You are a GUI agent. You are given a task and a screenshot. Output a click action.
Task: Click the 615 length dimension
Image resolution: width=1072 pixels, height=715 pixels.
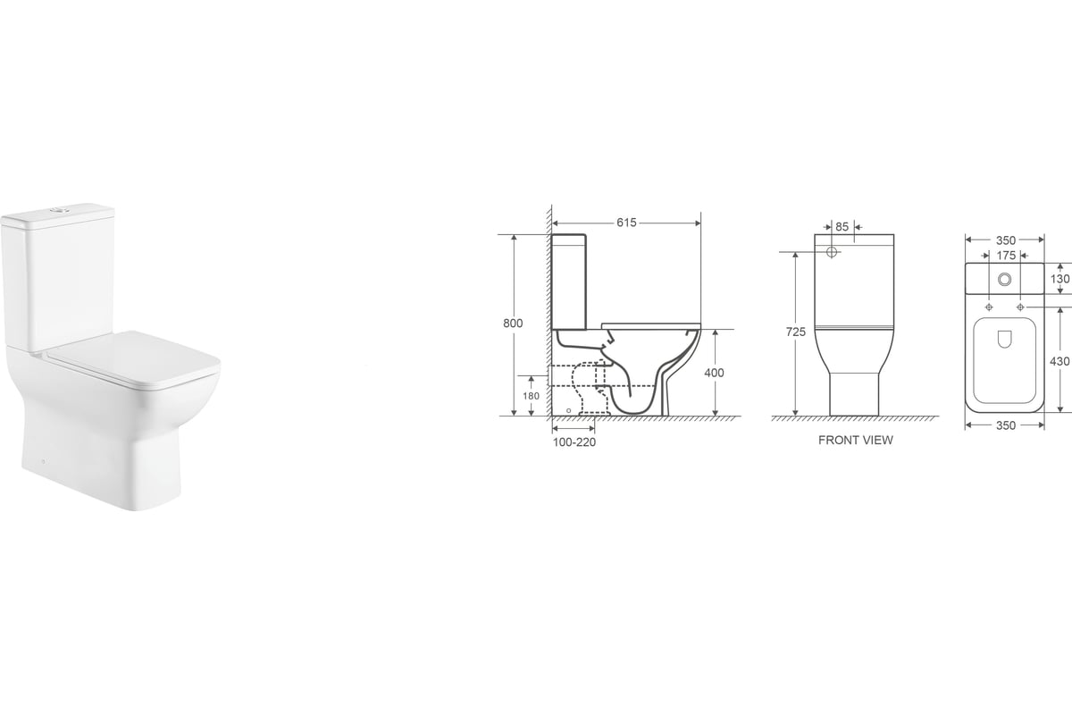coord(626,223)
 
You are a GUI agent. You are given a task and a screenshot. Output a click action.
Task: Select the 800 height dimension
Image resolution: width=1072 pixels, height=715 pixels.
coord(513,324)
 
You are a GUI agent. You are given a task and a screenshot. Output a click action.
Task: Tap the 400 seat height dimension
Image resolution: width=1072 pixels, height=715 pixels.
coord(714,373)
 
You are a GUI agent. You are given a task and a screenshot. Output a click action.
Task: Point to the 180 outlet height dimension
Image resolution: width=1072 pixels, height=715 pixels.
coord(531,396)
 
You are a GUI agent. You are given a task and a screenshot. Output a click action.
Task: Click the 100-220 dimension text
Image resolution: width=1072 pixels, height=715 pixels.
coord(574,442)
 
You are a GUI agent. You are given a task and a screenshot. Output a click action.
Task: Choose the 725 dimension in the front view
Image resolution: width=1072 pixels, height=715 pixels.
coord(796,332)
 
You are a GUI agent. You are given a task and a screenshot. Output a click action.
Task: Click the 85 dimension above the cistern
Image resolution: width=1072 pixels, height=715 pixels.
coord(842,226)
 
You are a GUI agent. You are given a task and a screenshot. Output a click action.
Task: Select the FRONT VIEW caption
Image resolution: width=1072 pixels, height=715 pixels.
coord(856,440)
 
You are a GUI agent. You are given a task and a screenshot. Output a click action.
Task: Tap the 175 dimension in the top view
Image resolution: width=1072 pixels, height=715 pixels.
coord(1006,256)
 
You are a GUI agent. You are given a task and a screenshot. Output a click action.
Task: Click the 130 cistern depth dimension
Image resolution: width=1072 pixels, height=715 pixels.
coord(1059,279)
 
